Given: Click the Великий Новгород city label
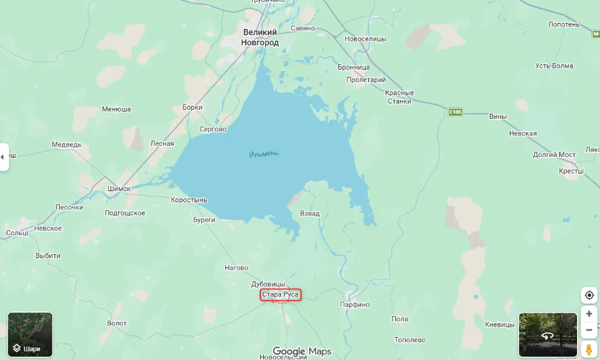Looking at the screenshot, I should pos(261,37).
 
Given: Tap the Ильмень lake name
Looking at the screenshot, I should pos(264,154).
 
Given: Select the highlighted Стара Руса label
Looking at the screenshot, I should pos(280,295).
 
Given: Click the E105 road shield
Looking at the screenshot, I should pos(456,112).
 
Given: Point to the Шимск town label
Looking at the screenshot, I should pos(119,189).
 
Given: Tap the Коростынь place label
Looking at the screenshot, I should pos(189,200).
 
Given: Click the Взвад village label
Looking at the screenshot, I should pos(310,214).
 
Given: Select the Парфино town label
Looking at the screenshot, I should pos(354,305).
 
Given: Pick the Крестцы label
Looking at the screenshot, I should pos(571,171).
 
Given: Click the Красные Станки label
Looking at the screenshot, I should pos(399,97).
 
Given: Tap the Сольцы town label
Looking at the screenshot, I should pos(17,233).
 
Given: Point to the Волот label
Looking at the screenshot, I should pos(117,323).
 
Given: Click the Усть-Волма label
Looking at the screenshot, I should pos(554,66).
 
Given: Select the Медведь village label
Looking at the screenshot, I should pos(66,145).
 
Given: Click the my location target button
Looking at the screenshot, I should pos(589,296).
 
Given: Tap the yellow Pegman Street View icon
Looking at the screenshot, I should pos(589,349).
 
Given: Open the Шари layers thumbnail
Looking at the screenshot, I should pos(30,334).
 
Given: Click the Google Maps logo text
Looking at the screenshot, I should pos(302,351).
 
